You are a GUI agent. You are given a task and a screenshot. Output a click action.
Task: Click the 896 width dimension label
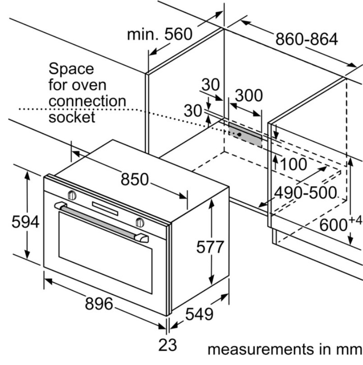coord(99,304)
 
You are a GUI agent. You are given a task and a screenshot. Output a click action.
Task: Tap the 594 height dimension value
coord(26,222)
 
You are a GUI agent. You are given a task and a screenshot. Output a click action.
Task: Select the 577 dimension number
coord(210,247)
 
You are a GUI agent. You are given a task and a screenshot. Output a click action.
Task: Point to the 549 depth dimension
coord(199,314)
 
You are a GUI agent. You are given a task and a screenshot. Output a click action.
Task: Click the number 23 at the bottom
coord(167,345)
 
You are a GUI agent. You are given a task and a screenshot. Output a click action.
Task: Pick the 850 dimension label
coord(134,179)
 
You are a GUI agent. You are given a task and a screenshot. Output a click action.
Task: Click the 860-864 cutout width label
coord(307,39)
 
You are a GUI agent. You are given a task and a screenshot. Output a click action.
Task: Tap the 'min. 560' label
coord(160,34)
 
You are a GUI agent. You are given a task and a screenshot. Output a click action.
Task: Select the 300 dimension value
coord(249,95)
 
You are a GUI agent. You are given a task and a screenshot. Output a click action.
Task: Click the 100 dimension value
coord(294,164)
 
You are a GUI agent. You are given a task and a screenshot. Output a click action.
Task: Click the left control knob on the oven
coord(71,195)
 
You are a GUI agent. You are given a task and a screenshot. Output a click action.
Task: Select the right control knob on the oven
coord(140,222)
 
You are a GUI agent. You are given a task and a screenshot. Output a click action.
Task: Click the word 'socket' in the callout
coord(72,117)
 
